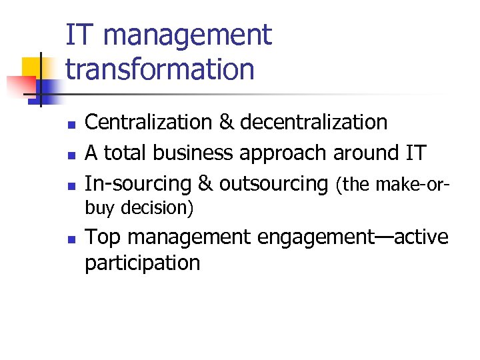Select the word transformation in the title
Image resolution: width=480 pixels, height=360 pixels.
pos(160,69)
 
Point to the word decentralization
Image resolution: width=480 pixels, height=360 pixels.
pos(313,123)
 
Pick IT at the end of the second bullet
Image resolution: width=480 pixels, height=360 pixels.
pos(414,153)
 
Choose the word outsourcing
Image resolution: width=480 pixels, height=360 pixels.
pos(274,184)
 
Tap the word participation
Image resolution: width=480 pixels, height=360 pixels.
pos(142,263)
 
